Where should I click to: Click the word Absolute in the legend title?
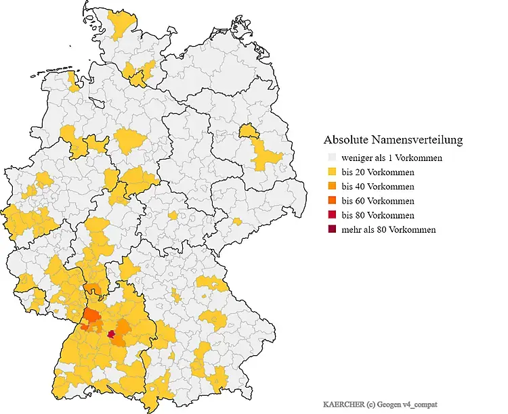pos(345,140)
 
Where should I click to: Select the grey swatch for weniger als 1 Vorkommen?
pos(331,158)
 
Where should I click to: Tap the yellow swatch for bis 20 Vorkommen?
pos(331,172)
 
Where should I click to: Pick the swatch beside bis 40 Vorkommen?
pos(331,187)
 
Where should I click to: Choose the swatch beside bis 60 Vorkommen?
pos(331,201)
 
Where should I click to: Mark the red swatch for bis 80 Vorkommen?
pos(331,215)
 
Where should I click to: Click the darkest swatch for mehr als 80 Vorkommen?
pos(331,229)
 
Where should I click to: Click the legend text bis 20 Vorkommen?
pos(378,172)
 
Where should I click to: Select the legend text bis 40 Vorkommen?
pos(378,187)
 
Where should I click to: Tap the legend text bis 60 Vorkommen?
pos(378,201)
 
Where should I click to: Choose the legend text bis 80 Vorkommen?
pos(378,215)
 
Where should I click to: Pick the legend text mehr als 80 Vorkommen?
pos(389,229)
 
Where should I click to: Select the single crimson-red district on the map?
pos(110,333)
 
